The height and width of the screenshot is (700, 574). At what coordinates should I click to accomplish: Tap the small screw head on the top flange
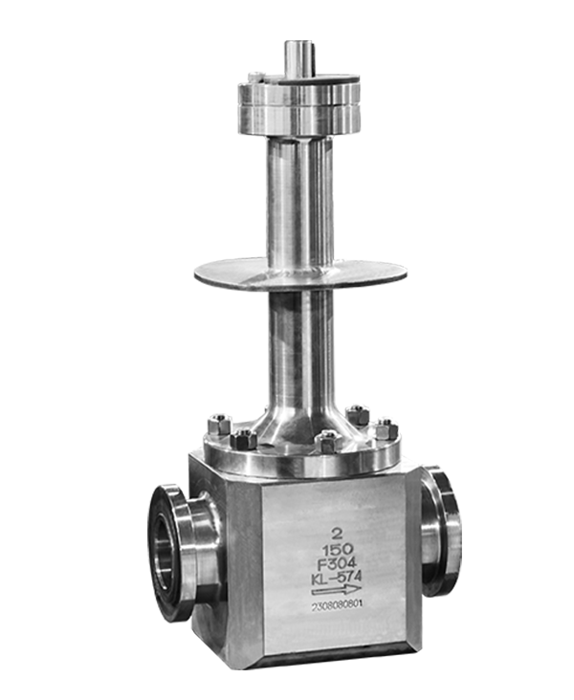pos(255,77)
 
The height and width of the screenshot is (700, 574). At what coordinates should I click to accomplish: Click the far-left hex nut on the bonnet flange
pos(219,425)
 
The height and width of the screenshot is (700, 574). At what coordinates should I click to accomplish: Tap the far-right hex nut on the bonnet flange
pos(386,429)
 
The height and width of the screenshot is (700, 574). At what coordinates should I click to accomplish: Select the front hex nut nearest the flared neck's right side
pos(328,441)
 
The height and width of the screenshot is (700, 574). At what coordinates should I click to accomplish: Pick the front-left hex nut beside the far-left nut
pos(243,439)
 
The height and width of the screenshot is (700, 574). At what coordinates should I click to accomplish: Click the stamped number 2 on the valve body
pos(335,533)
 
